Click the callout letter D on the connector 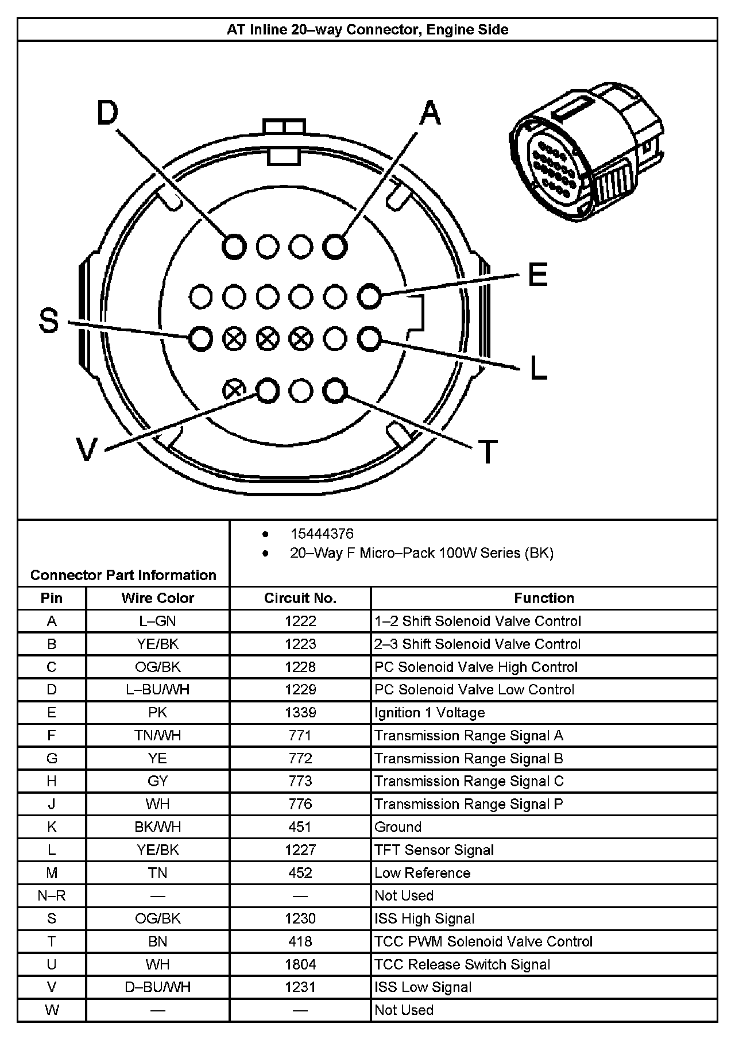pos(107,113)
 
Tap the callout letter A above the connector pos(430,113)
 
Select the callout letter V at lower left pos(87,450)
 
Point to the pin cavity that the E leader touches pos(369,297)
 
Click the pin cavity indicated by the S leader pos(200,339)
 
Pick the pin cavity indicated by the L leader pos(369,339)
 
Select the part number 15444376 pos(322,534)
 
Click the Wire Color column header pos(157,598)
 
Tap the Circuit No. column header pos(300,598)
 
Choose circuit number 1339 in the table pos(300,713)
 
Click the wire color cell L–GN pos(157,621)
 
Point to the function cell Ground pos(398,827)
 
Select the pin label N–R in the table pos(52,895)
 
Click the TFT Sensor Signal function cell pos(434,850)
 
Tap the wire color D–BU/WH pos(157,987)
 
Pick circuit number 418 pos(300,941)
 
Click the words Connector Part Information pos(123,575)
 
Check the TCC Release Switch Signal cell pos(462,964)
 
